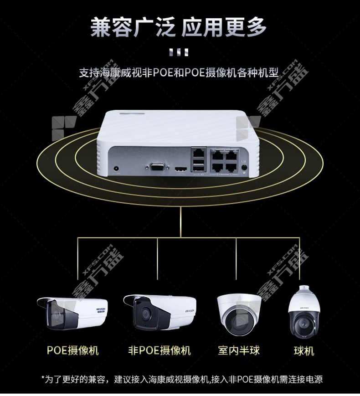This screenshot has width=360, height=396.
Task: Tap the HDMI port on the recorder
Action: tap(180, 169)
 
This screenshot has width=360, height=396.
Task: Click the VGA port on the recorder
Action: tap(157, 167)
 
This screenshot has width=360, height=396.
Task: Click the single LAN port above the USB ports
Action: tap(198, 153)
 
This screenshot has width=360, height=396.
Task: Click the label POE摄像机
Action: tap(72, 350)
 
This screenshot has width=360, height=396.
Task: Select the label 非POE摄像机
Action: tap(159, 350)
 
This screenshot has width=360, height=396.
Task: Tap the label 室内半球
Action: tap(239, 350)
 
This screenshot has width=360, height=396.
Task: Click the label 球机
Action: tap(304, 351)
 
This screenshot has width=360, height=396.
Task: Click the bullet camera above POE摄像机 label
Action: tap(72, 314)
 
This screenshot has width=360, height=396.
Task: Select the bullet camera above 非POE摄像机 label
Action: tap(159, 312)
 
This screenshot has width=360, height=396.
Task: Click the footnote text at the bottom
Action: tap(182, 379)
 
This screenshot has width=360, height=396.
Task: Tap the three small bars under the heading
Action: tap(179, 52)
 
